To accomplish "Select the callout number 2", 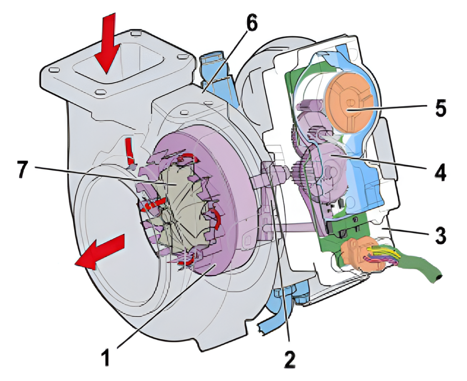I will [289, 359].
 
